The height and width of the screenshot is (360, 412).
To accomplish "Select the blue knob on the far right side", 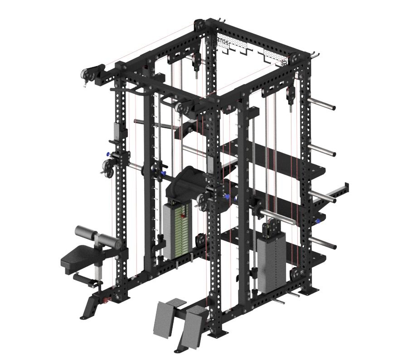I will tap(319, 221).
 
